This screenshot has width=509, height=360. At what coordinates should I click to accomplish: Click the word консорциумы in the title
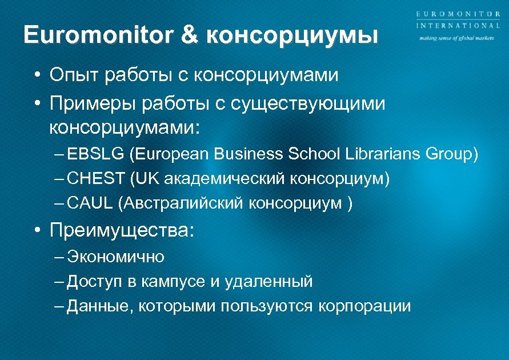point(292,36)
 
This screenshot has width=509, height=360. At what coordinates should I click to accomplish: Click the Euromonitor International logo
point(457,21)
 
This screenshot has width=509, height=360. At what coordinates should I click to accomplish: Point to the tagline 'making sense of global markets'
point(456,39)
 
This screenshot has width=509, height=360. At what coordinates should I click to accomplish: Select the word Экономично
point(116,257)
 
